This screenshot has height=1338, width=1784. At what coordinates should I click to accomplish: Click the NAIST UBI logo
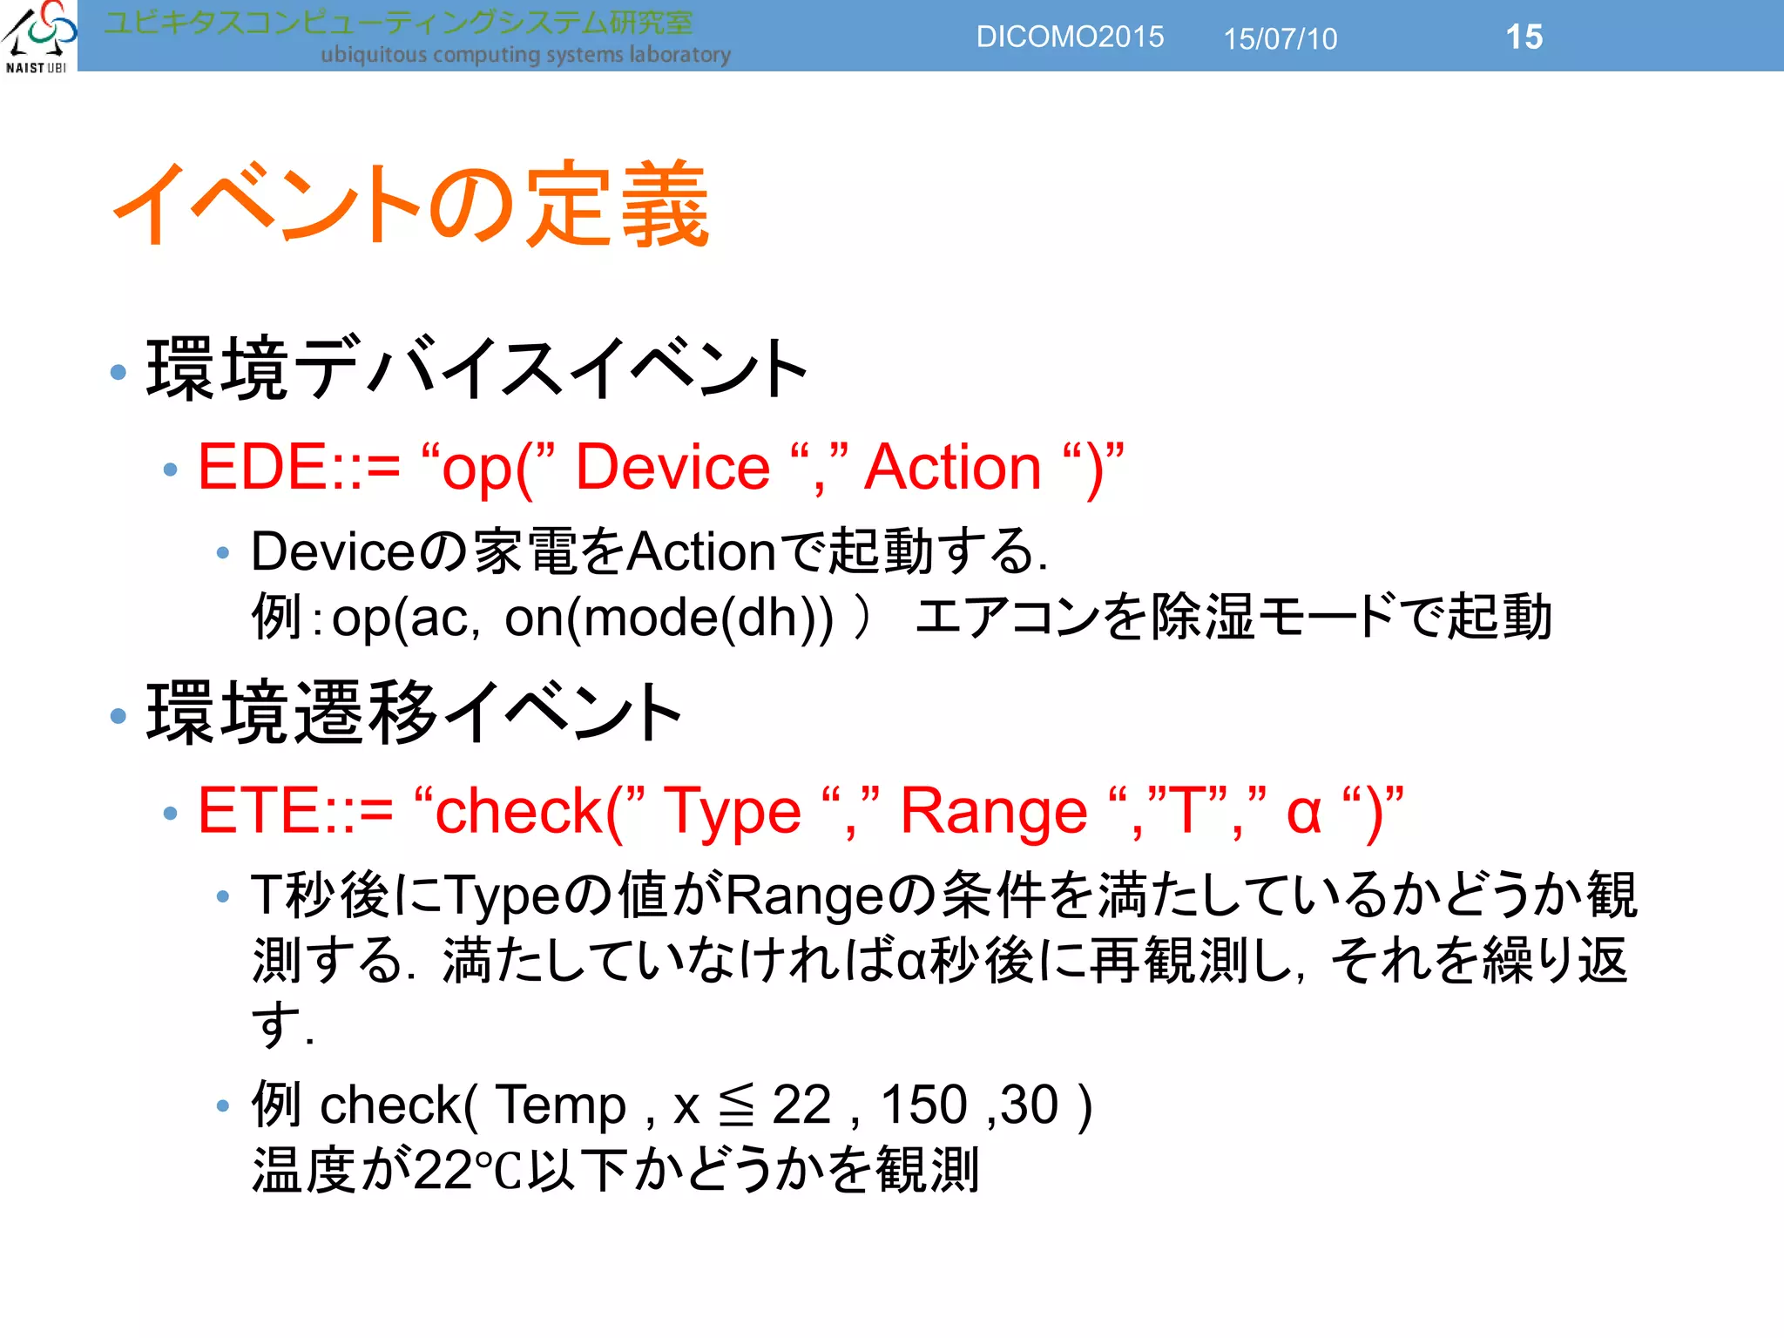coord(38,36)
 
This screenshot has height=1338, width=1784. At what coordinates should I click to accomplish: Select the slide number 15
coord(1524,37)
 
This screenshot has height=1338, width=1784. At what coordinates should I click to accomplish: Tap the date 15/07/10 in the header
coord(1280,39)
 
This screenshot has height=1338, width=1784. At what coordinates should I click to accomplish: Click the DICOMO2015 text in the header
coord(1070,37)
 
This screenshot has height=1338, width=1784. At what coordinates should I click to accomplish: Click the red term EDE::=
coord(299,467)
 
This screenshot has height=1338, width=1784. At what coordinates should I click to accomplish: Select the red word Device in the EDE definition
coord(672,467)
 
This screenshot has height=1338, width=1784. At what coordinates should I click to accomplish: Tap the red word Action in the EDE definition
coord(953,467)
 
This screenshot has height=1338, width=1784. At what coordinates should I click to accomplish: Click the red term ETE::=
coord(295,811)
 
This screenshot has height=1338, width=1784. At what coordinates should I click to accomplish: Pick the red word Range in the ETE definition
coord(993,811)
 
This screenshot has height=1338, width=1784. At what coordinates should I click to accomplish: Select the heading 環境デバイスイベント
coord(477,369)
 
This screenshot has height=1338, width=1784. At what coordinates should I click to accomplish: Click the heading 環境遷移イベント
coord(414,713)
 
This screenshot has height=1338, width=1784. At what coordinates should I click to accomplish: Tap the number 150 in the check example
coord(923,1105)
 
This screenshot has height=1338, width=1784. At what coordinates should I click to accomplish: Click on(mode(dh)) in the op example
coord(669,618)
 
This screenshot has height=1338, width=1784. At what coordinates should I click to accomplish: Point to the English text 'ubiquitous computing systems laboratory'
coord(525,55)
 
